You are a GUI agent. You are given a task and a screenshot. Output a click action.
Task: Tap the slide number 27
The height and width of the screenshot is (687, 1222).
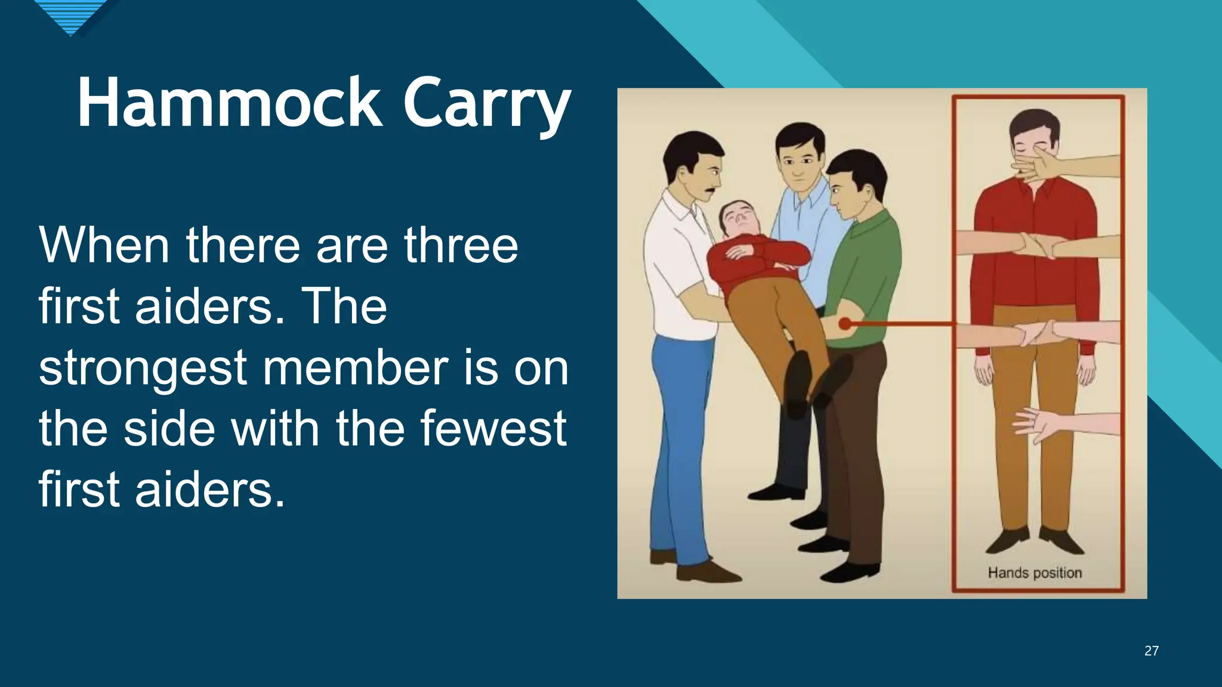tap(1151, 651)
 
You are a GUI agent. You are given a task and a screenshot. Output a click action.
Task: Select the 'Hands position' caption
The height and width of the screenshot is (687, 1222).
tap(1035, 572)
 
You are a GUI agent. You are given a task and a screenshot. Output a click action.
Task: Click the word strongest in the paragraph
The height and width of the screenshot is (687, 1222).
tap(142, 367)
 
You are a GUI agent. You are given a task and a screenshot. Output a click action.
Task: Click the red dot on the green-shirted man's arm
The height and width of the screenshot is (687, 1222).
tap(845, 324)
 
